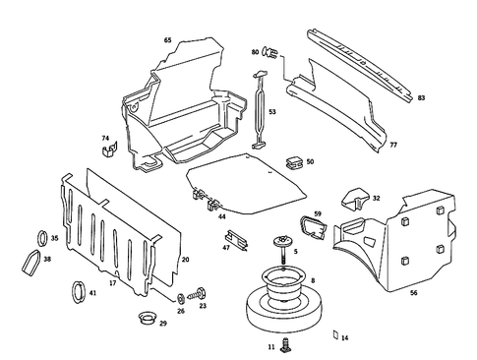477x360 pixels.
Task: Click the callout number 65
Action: (167, 40)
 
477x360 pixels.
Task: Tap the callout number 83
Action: (421, 98)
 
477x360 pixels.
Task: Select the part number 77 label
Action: (392, 145)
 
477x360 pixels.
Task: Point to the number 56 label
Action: (413, 292)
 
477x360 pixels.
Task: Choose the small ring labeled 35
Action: (41, 236)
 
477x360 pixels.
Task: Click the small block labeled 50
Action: (292, 158)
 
